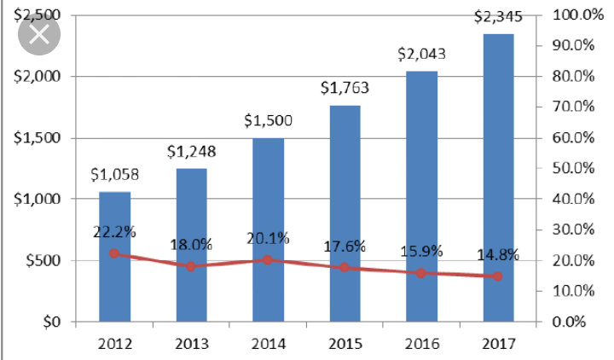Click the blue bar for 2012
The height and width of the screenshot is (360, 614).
point(114,256)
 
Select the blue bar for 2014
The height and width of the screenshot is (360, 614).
point(268,230)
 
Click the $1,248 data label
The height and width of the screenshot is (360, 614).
point(191,152)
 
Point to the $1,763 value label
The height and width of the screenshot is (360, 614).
point(345,88)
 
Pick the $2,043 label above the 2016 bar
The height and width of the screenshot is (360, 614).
point(421,54)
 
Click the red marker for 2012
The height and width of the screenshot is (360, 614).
point(114,253)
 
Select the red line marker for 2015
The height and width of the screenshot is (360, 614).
point(345,268)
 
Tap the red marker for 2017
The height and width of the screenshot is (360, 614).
point(498,276)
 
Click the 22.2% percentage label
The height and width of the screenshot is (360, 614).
point(114,232)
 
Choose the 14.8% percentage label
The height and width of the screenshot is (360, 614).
point(497,255)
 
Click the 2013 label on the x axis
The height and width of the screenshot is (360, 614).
point(191,343)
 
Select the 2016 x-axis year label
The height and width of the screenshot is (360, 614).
point(421,343)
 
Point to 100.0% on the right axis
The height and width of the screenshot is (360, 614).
point(573,15)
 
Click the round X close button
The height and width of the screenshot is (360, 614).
point(38,35)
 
